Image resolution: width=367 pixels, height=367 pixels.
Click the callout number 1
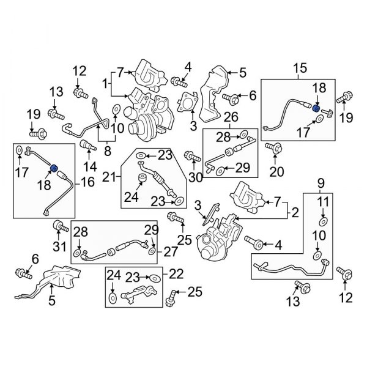click(106, 83)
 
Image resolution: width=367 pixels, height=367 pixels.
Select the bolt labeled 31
click(59, 228)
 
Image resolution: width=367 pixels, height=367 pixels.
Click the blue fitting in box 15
click(317, 108)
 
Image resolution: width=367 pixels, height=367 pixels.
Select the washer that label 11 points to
click(322, 221)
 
